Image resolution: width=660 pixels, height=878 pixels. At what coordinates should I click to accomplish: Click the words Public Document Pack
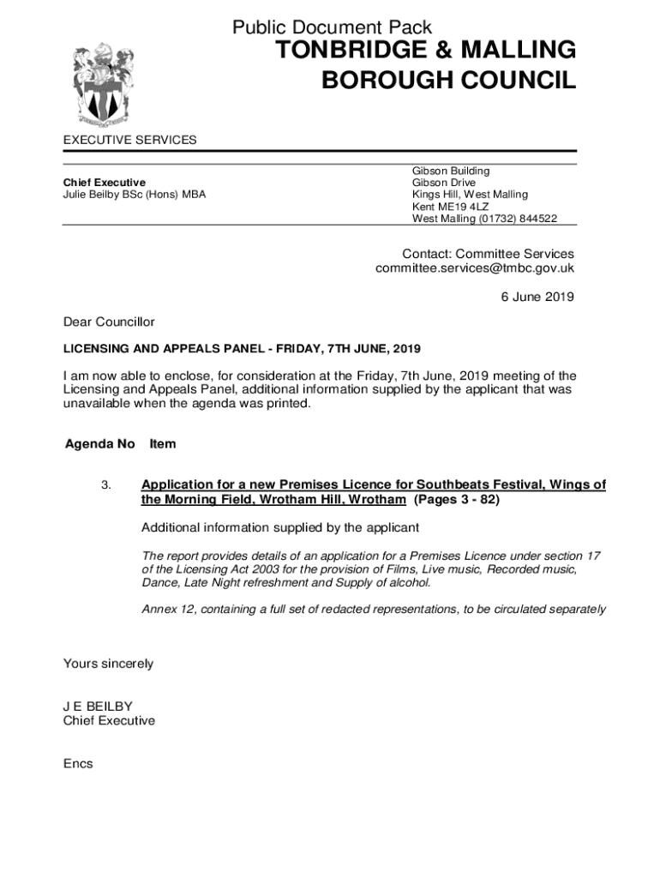332,28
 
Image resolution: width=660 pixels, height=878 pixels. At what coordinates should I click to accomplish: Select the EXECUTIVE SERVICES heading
129,140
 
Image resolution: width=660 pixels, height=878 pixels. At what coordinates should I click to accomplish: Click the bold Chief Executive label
105,183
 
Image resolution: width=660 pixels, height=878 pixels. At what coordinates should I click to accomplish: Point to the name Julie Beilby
95,195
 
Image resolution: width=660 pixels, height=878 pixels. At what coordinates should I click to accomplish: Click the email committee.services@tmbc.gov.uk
475,268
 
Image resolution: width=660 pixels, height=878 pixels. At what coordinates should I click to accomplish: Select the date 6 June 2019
537,298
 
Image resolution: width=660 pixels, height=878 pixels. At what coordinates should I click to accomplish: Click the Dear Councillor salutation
109,322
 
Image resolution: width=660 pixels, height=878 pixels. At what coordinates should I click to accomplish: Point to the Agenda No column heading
99,444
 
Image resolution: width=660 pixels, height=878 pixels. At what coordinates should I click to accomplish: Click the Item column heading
163,444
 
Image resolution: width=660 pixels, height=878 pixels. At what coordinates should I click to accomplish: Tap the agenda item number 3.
105,485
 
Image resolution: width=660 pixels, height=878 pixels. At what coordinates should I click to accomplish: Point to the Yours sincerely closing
108,664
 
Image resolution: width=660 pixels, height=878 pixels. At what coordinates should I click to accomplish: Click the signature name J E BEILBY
98,707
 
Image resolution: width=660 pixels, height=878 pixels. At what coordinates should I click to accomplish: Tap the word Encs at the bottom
78,764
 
